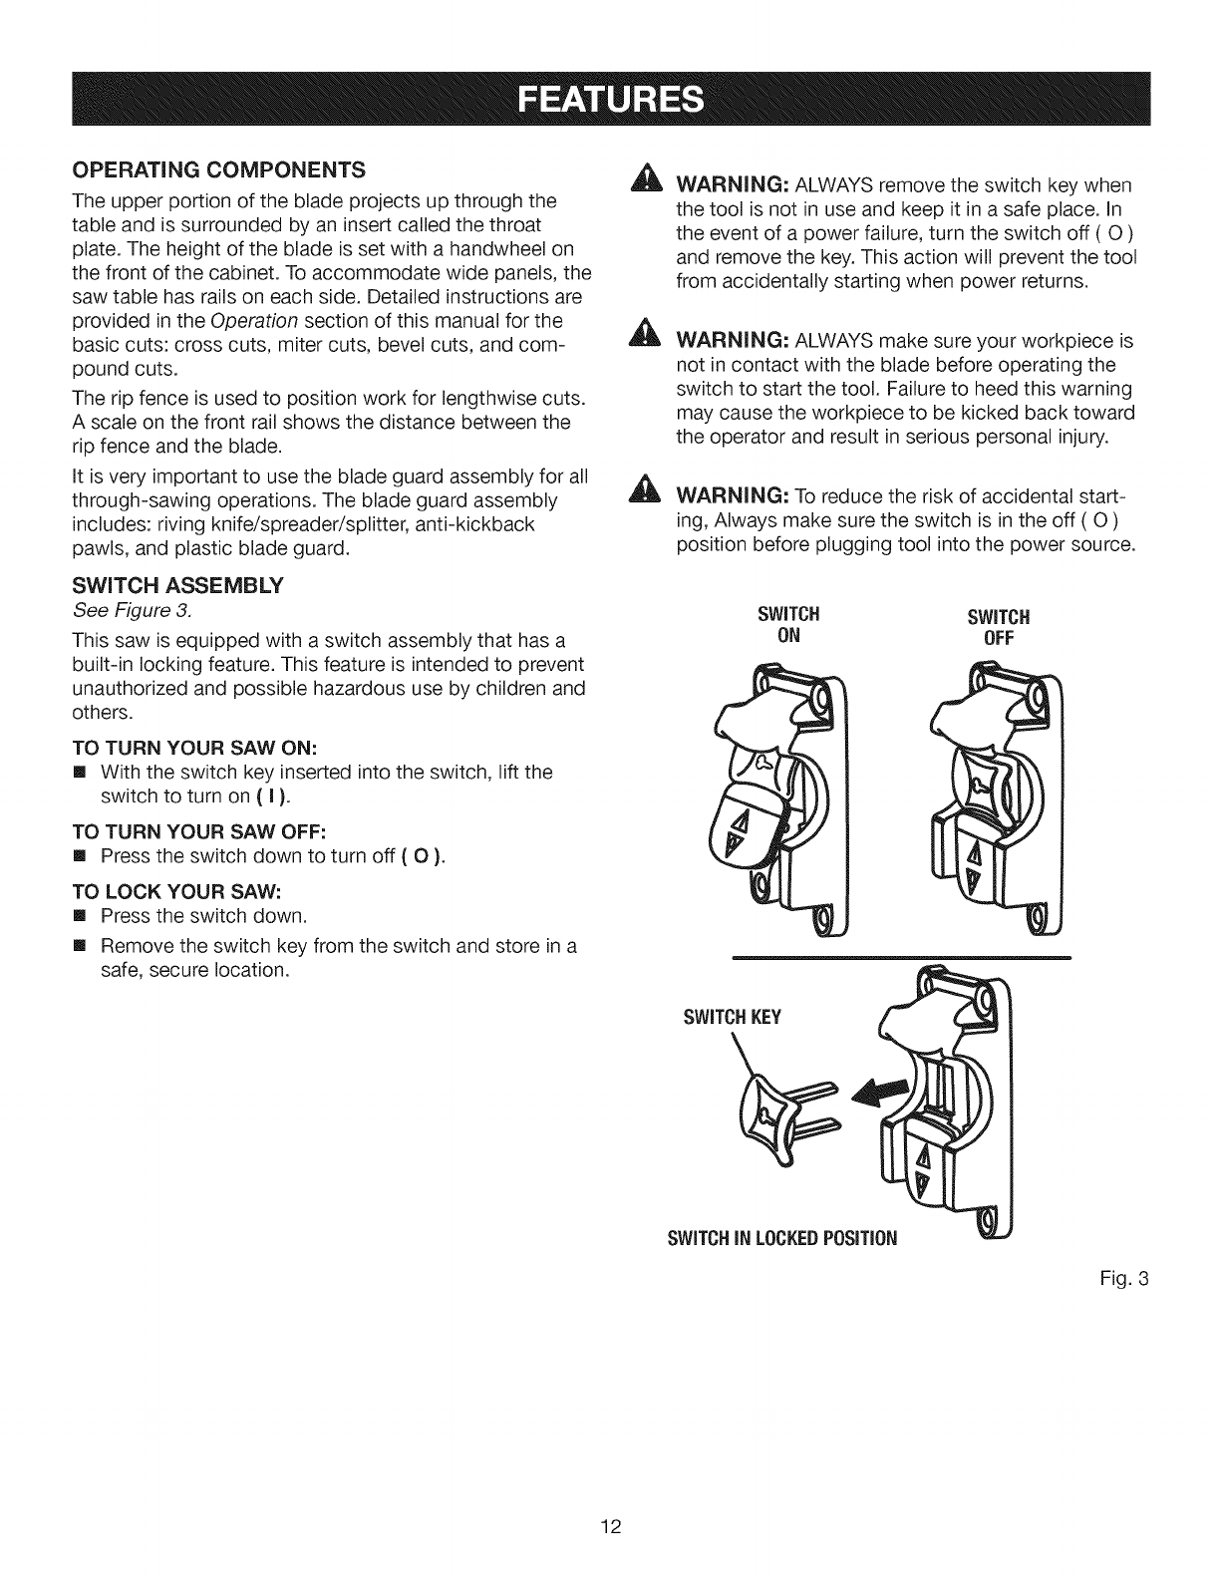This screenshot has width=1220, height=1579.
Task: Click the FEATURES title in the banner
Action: click(x=609, y=100)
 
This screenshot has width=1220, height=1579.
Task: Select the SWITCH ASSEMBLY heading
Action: click(x=176, y=585)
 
